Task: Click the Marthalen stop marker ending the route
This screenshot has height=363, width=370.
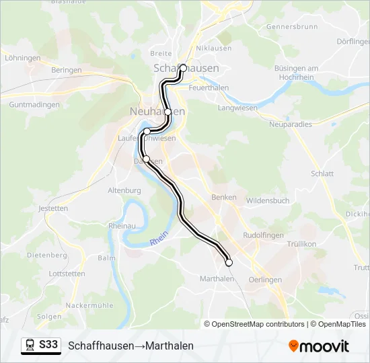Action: tap(229, 262)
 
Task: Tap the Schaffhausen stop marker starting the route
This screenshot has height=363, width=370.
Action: tap(182, 68)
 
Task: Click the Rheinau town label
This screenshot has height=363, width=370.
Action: tap(122, 226)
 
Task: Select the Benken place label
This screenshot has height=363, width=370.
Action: tap(224, 197)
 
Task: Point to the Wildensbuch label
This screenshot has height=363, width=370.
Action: tap(268, 200)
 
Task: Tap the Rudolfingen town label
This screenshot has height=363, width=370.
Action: tap(262, 235)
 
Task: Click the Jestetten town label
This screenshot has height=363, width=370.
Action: tap(54, 208)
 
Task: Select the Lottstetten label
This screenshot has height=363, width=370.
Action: tap(48, 274)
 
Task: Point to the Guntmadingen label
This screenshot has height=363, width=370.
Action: tap(35, 105)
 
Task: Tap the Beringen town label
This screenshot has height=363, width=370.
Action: tap(66, 70)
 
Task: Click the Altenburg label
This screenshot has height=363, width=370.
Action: tap(124, 190)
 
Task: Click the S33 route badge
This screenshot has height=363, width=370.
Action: tap(48, 345)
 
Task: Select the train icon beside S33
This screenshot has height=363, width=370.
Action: tap(30, 346)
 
